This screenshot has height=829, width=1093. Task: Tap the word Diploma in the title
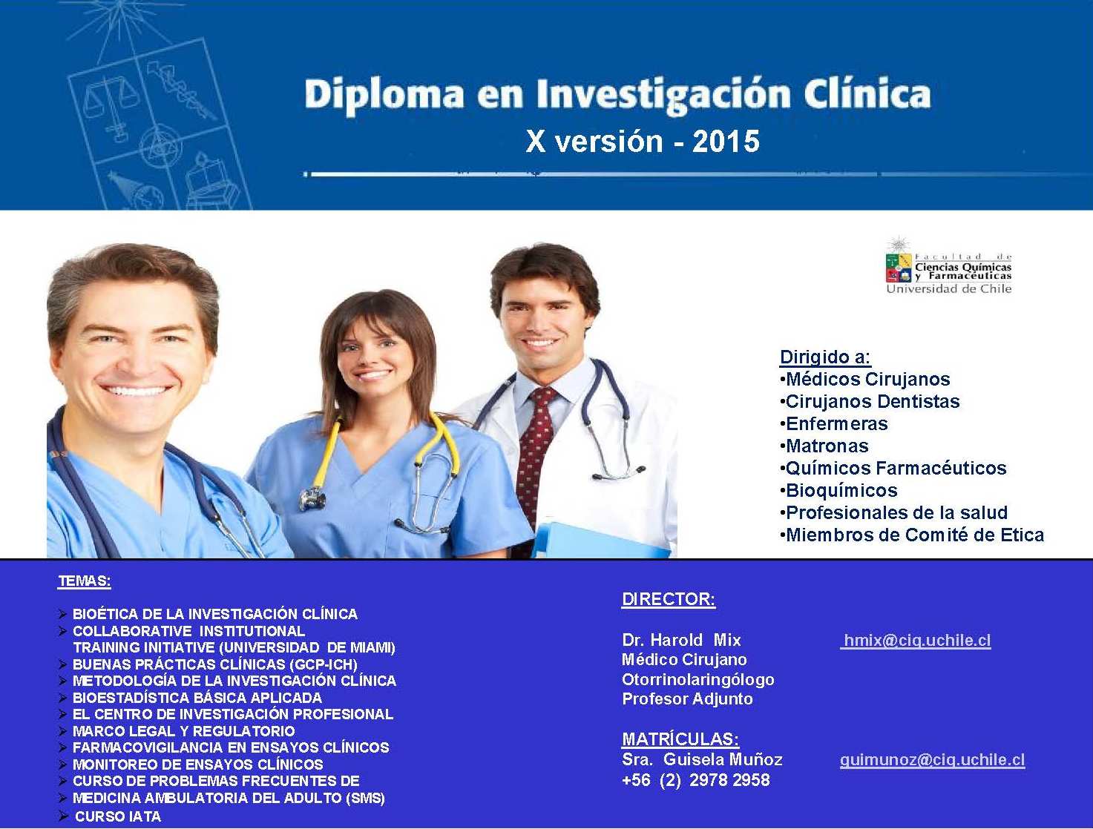pyautogui.click(x=384, y=95)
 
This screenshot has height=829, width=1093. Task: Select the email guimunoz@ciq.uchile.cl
pyautogui.click(x=932, y=760)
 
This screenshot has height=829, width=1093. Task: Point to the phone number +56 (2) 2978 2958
pyautogui.click(x=695, y=780)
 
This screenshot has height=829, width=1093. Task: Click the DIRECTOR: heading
pyautogui.click(x=669, y=598)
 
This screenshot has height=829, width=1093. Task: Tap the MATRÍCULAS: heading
pyautogui.click(x=680, y=739)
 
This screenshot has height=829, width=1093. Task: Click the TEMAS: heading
pyautogui.click(x=85, y=581)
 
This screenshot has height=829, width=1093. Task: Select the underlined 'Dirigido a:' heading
pyautogui.click(x=825, y=357)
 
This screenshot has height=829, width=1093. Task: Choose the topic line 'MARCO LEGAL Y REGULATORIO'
pyautogui.click(x=184, y=730)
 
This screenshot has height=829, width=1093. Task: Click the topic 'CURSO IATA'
pyautogui.click(x=118, y=816)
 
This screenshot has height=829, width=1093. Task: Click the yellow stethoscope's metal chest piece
pyautogui.click(x=313, y=498)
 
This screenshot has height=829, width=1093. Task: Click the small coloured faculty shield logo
pyautogui.click(x=898, y=267)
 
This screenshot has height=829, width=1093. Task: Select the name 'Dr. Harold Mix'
pyautogui.click(x=681, y=639)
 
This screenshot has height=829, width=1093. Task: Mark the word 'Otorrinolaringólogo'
pyautogui.click(x=698, y=680)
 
